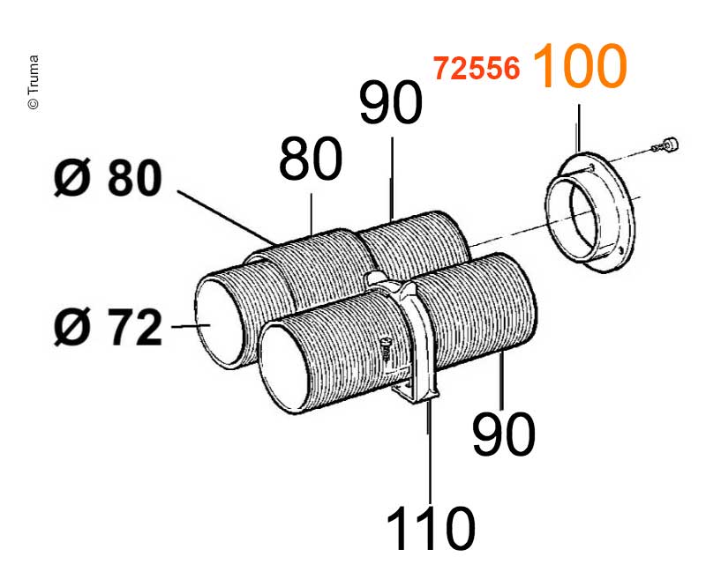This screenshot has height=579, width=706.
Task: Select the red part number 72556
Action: click(476, 69)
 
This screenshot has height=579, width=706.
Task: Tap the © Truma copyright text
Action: click(33, 84)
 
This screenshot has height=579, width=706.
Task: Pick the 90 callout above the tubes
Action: click(391, 105)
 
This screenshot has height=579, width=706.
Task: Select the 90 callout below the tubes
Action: click(503, 434)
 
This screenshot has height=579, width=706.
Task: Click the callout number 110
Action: click(430, 530)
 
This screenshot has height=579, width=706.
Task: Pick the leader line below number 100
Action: click(579, 128)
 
